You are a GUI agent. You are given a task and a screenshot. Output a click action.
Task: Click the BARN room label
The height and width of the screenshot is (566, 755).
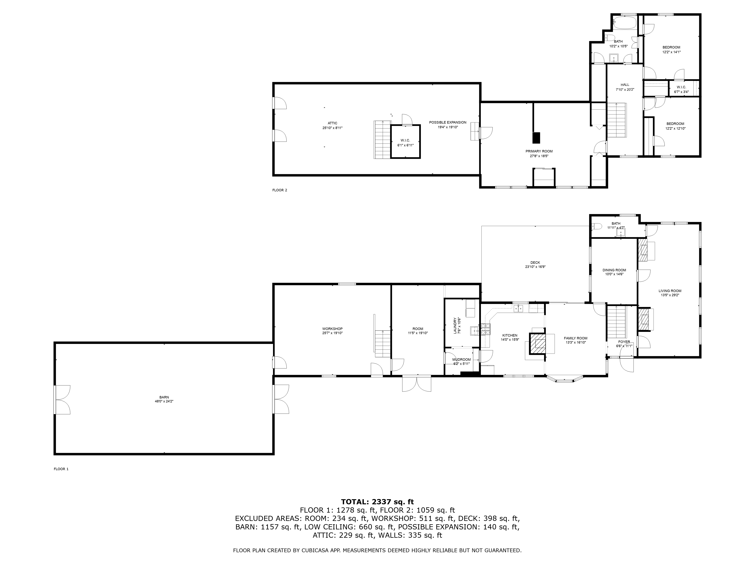[x=164, y=397]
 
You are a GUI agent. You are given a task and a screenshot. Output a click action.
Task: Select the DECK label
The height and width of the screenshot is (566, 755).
[x=535, y=263]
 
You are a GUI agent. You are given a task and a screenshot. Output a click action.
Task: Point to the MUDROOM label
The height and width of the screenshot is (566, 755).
[x=461, y=360]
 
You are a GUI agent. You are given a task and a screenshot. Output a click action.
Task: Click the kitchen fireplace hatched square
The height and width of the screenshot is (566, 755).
[x=537, y=343]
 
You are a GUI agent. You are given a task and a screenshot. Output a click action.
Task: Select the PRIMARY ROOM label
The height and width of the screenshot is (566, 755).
[x=539, y=151]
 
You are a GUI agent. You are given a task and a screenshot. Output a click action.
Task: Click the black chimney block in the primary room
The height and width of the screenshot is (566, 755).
[x=537, y=138]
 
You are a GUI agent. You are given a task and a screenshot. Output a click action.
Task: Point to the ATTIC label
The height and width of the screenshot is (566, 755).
[x=332, y=123]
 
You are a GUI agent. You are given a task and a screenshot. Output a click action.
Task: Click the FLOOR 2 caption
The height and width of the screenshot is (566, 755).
[x=280, y=190]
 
